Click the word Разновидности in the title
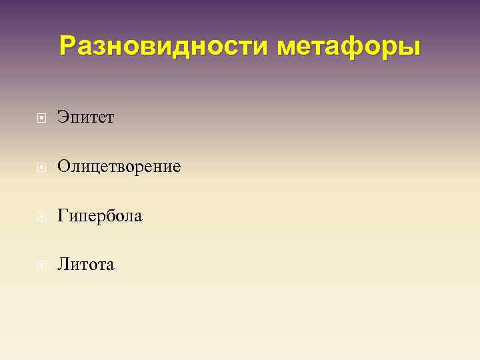click(x=164, y=47)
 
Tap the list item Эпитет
click(x=85, y=117)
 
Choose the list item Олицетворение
click(x=119, y=167)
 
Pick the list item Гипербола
click(x=99, y=216)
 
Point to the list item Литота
click(x=85, y=265)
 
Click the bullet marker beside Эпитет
click(x=42, y=118)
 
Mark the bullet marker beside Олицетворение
click(x=42, y=167)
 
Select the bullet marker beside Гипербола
click(x=42, y=216)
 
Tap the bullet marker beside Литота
click(x=42, y=265)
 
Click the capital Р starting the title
click(x=67, y=46)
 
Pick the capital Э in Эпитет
click(x=63, y=117)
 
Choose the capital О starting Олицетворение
click(x=63, y=167)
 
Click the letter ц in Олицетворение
click(x=99, y=167)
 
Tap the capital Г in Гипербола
click(x=63, y=216)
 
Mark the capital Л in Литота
click(x=63, y=265)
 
